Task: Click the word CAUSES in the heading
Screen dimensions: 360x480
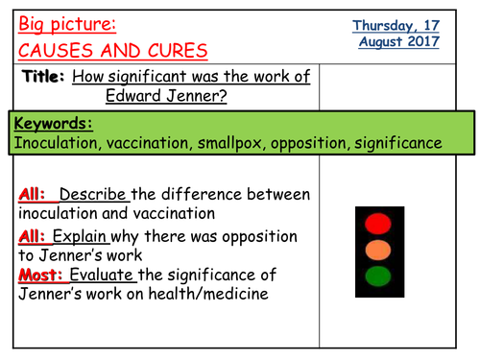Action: tap(56, 48)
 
